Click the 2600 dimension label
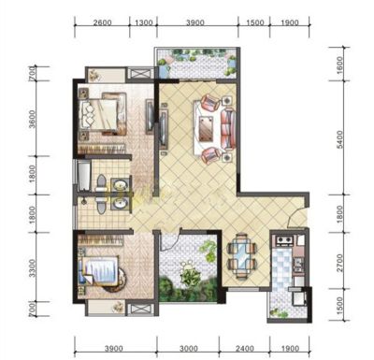coord(102,22)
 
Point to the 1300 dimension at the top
coord(144,22)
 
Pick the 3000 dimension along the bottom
coord(188,348)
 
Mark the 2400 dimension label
coord(245,348)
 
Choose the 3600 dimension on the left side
coord(32,119)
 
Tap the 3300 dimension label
coord(32,268)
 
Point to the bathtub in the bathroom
coord(83,175)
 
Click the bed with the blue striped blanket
coord(100,270)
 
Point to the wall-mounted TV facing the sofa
coord(163,127)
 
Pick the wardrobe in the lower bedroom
coord(100,239)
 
